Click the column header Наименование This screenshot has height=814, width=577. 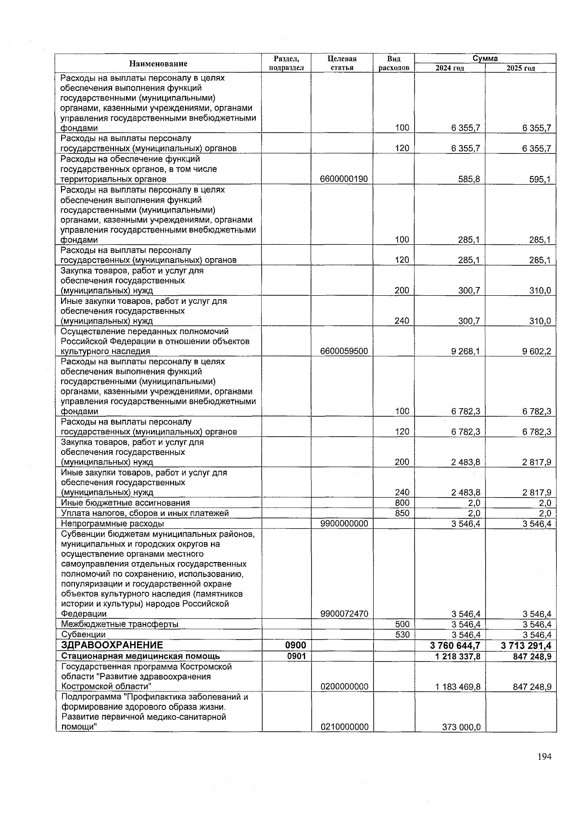point(158,63)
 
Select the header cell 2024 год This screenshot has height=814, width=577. point(450,68)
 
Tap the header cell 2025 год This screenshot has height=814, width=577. point(521,68)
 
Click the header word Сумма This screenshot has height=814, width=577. point(485,59)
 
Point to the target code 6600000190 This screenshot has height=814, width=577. point(344,179)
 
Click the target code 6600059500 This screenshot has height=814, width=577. point(344,351)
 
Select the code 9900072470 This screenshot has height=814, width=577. point(344,614)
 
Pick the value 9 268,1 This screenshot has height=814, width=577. point(465,351)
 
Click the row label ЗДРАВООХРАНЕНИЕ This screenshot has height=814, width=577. point(112,645)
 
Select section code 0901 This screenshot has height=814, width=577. point(297,656)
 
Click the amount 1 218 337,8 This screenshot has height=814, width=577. point(458,656)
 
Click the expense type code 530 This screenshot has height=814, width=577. point(402,635)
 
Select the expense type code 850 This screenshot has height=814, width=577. point(402,513)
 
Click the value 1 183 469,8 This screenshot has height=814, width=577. point(458,687)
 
